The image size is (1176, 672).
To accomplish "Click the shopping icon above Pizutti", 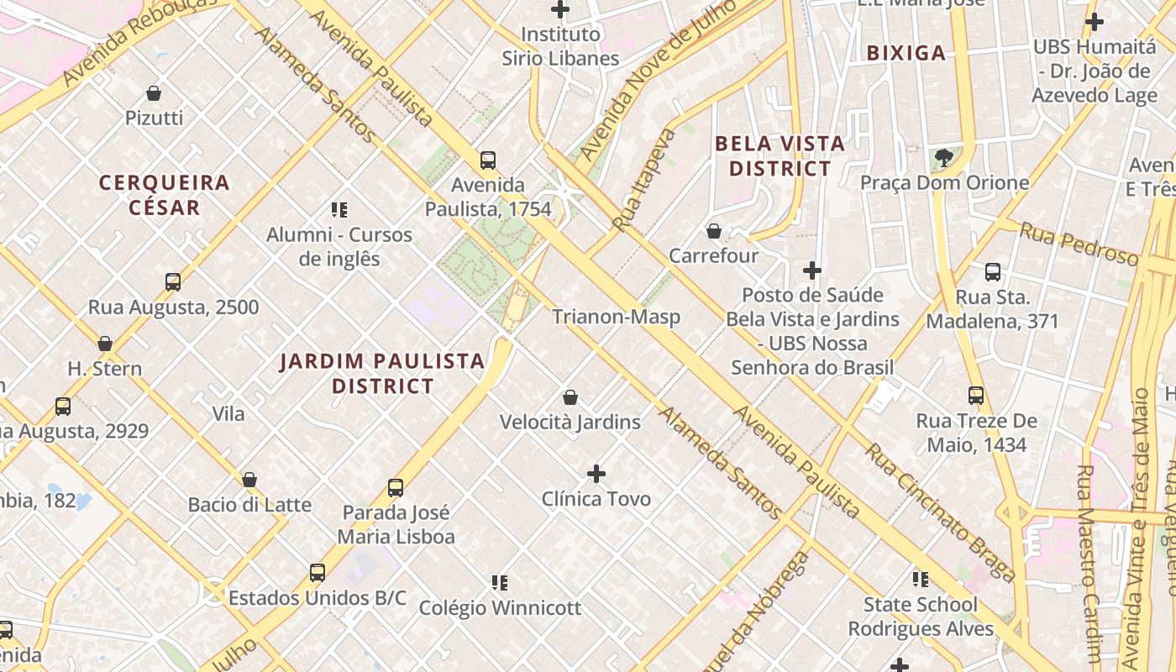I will [x=154, y=92].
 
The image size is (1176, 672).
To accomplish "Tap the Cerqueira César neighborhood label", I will [x=165, y=195].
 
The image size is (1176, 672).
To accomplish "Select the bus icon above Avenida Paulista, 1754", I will [x=487, y=160].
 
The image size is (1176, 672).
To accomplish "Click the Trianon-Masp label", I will [x=616, y=317].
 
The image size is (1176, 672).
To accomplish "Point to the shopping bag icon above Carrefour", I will [x=714, y=230].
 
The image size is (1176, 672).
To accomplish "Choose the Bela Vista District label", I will [x=780, y=156].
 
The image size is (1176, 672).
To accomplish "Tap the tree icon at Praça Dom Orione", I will [x=944, y=157].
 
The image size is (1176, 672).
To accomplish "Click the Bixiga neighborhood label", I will [x=906, y=53].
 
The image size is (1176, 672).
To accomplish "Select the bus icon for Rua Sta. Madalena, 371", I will [x=993, y=271].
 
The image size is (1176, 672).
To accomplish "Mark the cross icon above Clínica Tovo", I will [x=596, y=474].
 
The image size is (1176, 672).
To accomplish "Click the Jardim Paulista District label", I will [x=382, y=374].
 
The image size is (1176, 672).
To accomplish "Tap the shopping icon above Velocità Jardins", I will [x=570, y=396].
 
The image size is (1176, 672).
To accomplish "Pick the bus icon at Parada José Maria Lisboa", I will [x=396, y=487].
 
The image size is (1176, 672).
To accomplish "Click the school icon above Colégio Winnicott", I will [x=500, y=582].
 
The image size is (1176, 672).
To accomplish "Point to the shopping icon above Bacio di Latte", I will [x=249, y=480].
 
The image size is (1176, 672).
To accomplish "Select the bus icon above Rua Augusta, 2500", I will [x=173, y=281].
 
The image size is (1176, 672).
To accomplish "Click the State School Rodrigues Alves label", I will [x=921, y=617].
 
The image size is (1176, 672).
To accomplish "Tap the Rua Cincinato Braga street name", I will [x=940, y=512].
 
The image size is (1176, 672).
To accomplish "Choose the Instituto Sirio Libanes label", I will [x=560, y=46].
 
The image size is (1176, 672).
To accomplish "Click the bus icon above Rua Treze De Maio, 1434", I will [x=976, y=395].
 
